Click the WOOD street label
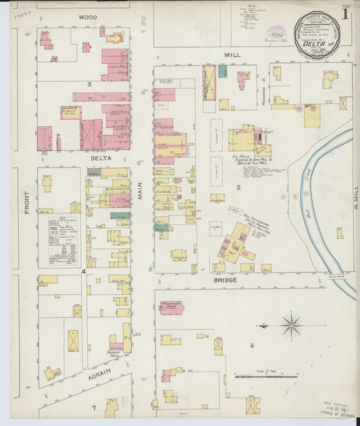click(87, 16)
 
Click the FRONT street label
click(28, 203)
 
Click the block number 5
click(238, 186)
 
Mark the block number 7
click(94, 408)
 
